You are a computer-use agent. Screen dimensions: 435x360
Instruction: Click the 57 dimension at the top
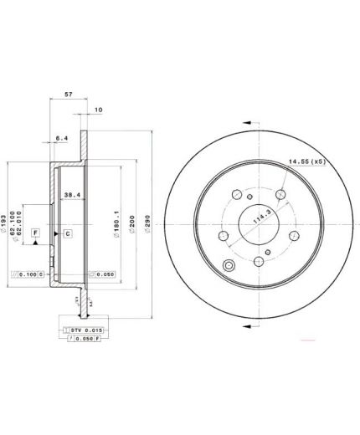[69, 95]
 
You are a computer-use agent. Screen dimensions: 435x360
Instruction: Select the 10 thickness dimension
[99, 110]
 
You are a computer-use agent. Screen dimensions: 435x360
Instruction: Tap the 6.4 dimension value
[62, 137]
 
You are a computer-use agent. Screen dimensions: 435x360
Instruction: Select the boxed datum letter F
[36, 231]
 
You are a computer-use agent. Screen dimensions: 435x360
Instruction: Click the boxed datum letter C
[67, 233]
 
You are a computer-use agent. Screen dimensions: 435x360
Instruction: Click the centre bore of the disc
[256, 223]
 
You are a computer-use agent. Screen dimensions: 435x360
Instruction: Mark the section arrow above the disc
[249, 120]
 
